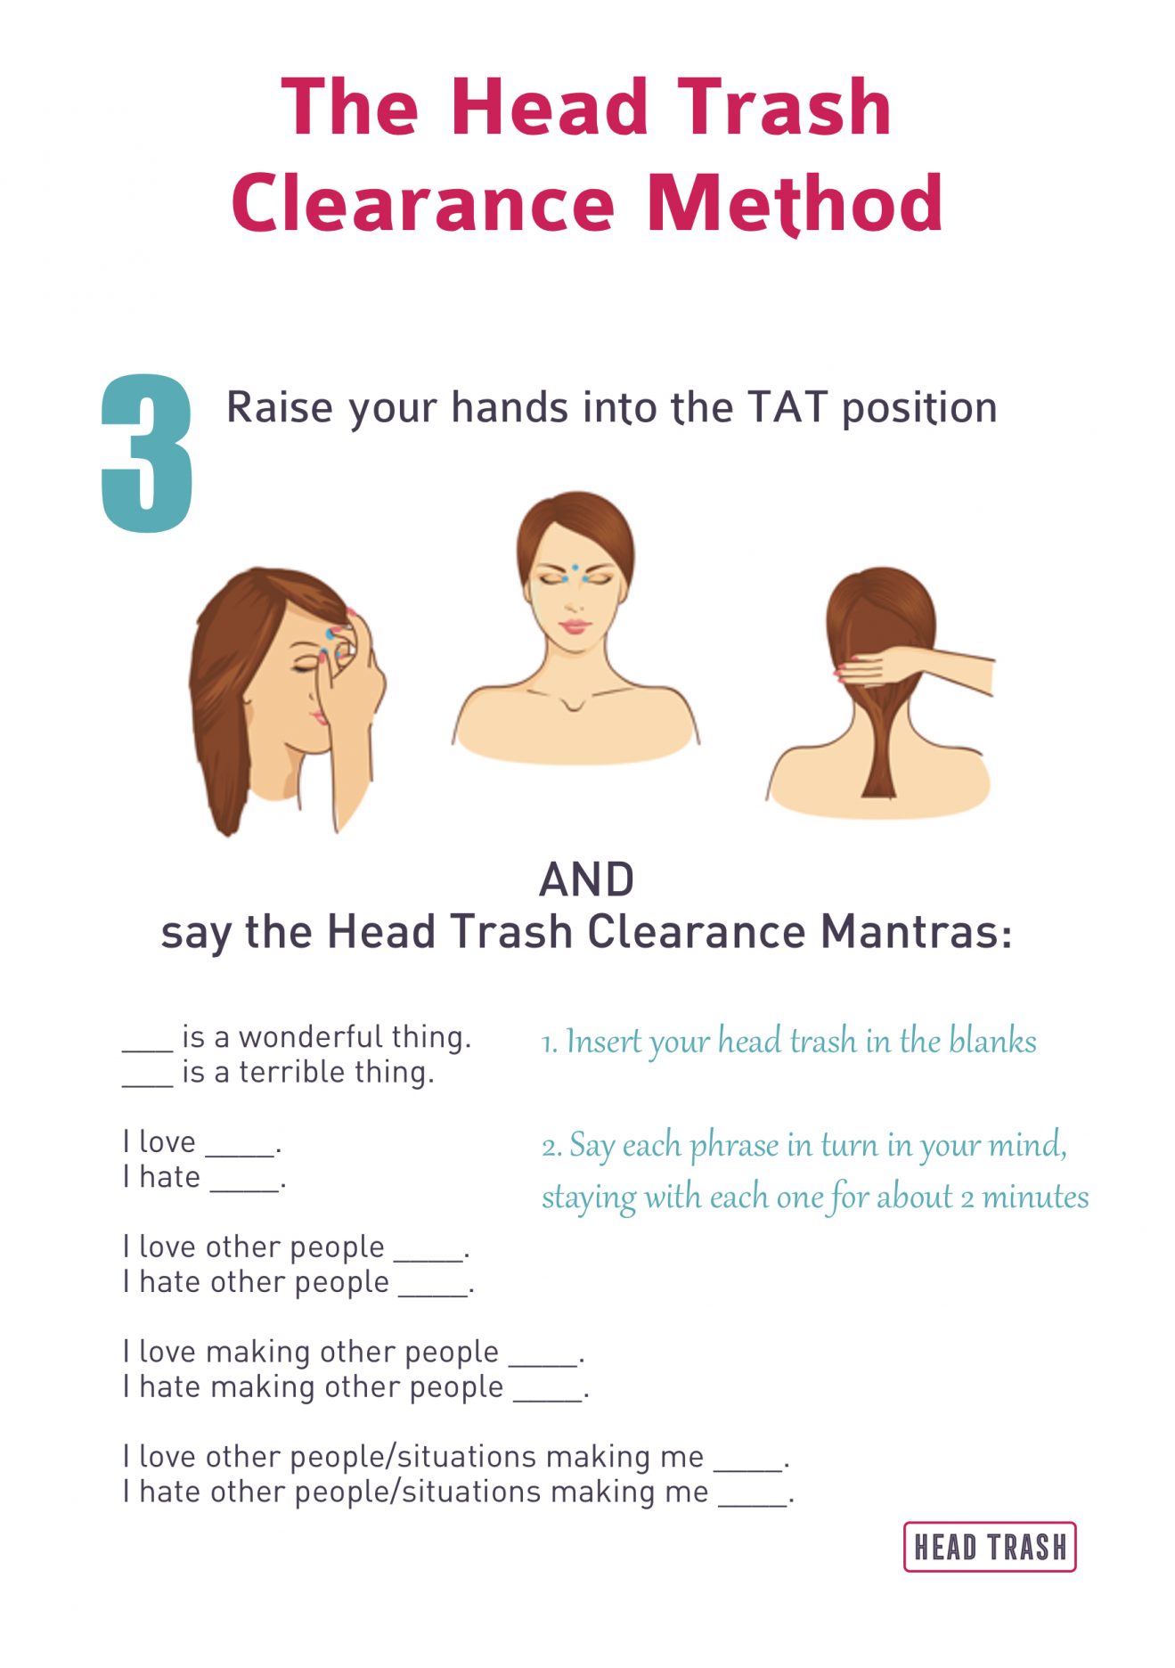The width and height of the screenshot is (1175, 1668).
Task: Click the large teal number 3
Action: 147,454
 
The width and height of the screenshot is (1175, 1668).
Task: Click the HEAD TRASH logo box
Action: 990,1547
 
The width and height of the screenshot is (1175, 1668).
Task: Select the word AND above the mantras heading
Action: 587,879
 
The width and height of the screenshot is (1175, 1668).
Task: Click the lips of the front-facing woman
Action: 575,626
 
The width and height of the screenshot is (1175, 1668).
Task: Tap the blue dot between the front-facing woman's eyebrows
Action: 575,568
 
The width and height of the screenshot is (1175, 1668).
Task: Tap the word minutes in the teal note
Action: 1035,1197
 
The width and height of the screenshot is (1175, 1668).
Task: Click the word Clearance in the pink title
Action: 423,204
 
